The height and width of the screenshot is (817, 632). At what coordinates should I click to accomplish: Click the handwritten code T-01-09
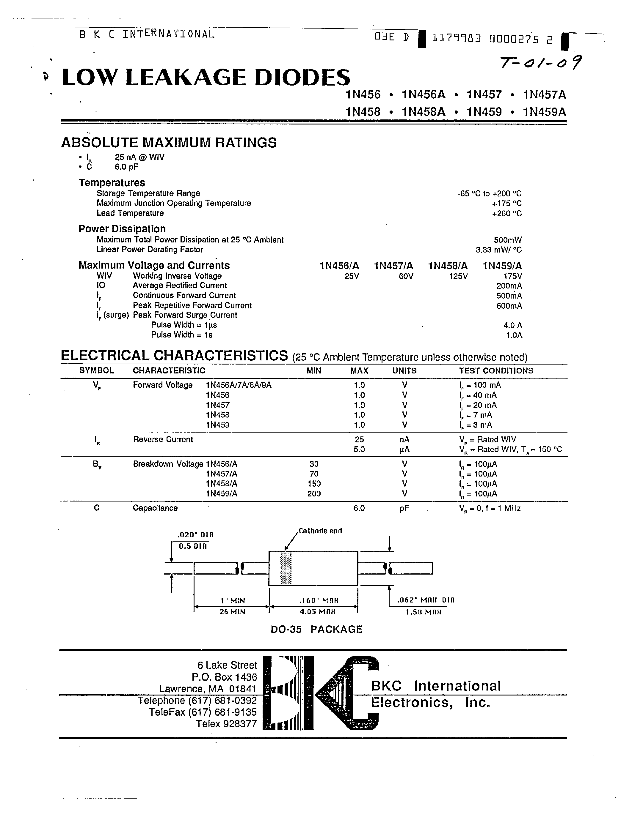pyautogui.click(x=541, y=64)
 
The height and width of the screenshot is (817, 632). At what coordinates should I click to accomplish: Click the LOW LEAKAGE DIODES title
pyautogui.click(x=206, y=78)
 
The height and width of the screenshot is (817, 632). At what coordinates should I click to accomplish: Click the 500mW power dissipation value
pyautogui.click(x=508, y=240)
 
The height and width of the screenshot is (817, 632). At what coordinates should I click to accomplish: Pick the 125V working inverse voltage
pyautogui.click(x=458, y=276)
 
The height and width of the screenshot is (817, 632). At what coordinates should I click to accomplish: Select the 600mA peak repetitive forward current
pyautogui.click(x=509, y=306)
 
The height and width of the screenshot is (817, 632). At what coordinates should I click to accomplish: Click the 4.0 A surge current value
pyautogui.click(x=512, y=325)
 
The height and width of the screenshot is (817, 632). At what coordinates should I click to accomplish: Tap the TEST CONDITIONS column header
pyautogui.click(x=496, y=371)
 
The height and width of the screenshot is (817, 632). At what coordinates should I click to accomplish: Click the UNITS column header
pyautogui.click(x=404, y=371)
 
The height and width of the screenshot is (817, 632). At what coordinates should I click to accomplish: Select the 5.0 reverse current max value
pyautogui.click(x=359, y=449)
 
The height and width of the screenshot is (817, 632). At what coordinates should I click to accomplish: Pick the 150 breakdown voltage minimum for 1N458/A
pyautogui.click(x=314, y=484)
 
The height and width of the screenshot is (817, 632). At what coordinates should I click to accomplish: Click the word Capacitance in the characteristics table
pyautogui.click(x=155, y=508)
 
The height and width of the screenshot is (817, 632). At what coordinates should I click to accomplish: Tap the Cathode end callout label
pyautogui.click(x=320, y=531)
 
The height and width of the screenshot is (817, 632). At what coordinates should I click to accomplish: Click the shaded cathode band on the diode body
pyautogui.click(x=286, y=568)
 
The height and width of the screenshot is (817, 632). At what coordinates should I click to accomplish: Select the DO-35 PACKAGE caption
pyautogui.click(x=316, y=629)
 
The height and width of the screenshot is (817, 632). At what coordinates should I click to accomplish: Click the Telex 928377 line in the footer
pyautogui.click(x=226, y=723)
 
